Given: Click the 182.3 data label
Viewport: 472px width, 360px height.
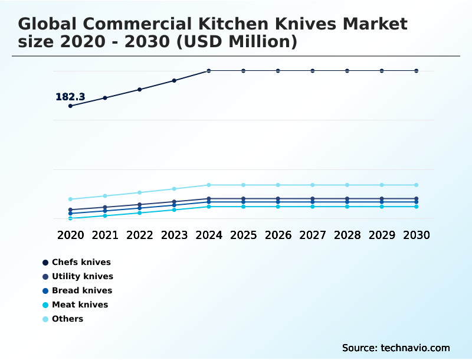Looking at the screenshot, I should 70,97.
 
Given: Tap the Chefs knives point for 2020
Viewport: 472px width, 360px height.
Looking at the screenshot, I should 70,106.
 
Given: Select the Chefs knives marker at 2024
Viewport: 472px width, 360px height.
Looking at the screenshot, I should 209,71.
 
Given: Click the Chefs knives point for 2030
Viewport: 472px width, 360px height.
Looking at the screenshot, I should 417,71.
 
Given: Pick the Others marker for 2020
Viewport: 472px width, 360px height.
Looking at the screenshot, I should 70,199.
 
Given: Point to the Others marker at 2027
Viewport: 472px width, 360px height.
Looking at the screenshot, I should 313,185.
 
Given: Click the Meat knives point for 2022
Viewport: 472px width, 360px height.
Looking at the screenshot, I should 140,212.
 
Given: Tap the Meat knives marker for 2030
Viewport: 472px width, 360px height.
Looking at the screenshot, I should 417,207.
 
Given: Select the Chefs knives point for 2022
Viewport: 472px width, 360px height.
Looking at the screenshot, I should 140,90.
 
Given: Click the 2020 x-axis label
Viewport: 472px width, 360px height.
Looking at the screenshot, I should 70,235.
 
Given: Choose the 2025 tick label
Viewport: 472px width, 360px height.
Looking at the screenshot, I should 244,235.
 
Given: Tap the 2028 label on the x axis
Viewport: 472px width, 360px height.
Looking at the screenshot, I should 348,235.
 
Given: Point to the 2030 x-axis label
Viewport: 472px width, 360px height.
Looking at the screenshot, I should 417,235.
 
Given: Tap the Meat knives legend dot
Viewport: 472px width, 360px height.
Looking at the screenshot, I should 45,305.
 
